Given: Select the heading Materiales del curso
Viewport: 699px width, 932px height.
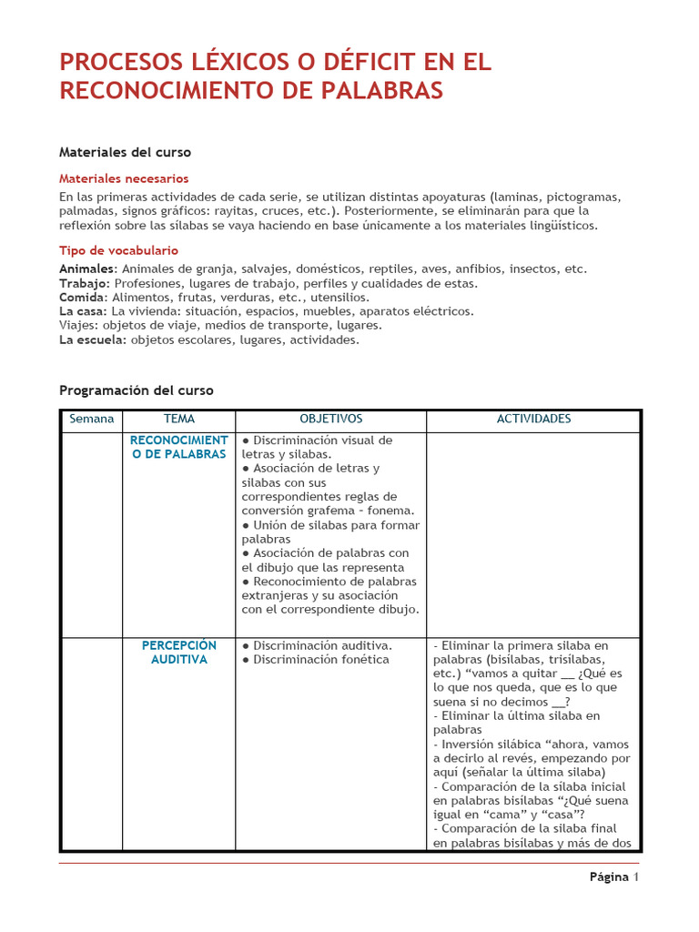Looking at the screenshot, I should pos(125,152).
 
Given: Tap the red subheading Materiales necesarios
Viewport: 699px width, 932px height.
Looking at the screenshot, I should pos(124,178).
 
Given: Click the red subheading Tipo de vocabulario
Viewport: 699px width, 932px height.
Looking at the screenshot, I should pos(118,250).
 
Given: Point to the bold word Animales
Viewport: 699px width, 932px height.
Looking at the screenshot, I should pos(87,268).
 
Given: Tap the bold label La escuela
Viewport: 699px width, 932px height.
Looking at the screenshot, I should pos(93,339).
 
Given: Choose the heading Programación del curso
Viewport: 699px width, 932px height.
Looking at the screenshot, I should pos(136,390).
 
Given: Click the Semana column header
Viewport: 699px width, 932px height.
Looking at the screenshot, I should pos(92,419).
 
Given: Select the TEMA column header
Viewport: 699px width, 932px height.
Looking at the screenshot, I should pos(178,419).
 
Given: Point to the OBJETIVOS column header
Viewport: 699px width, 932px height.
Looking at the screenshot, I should pos(330,419).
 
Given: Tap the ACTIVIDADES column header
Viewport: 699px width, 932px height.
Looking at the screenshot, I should pos(533,419).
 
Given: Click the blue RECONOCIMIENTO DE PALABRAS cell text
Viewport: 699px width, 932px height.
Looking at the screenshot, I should pos(178,447).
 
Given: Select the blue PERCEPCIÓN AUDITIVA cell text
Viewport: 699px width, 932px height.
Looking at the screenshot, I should pos(178,653).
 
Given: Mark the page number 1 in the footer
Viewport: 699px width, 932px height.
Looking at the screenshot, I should pos(636,877).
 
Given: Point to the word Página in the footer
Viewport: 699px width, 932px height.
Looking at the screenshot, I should pos(609,877).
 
